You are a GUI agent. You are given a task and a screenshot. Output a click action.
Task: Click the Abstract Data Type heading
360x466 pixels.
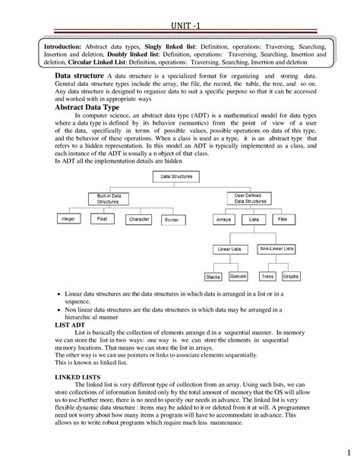90,109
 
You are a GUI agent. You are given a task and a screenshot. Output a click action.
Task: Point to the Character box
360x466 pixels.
138,219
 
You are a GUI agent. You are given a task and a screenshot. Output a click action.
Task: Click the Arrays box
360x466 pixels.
223,219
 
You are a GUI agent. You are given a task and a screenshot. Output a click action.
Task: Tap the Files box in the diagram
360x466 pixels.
281,219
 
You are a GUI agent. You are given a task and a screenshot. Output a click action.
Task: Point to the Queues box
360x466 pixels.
238,276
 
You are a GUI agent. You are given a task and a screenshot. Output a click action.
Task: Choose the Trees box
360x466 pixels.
267,277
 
